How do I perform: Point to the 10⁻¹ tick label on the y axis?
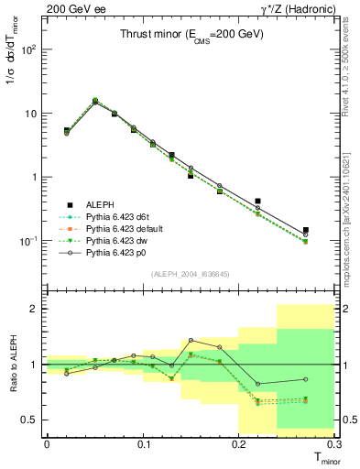29,241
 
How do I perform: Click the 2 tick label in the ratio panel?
35,309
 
